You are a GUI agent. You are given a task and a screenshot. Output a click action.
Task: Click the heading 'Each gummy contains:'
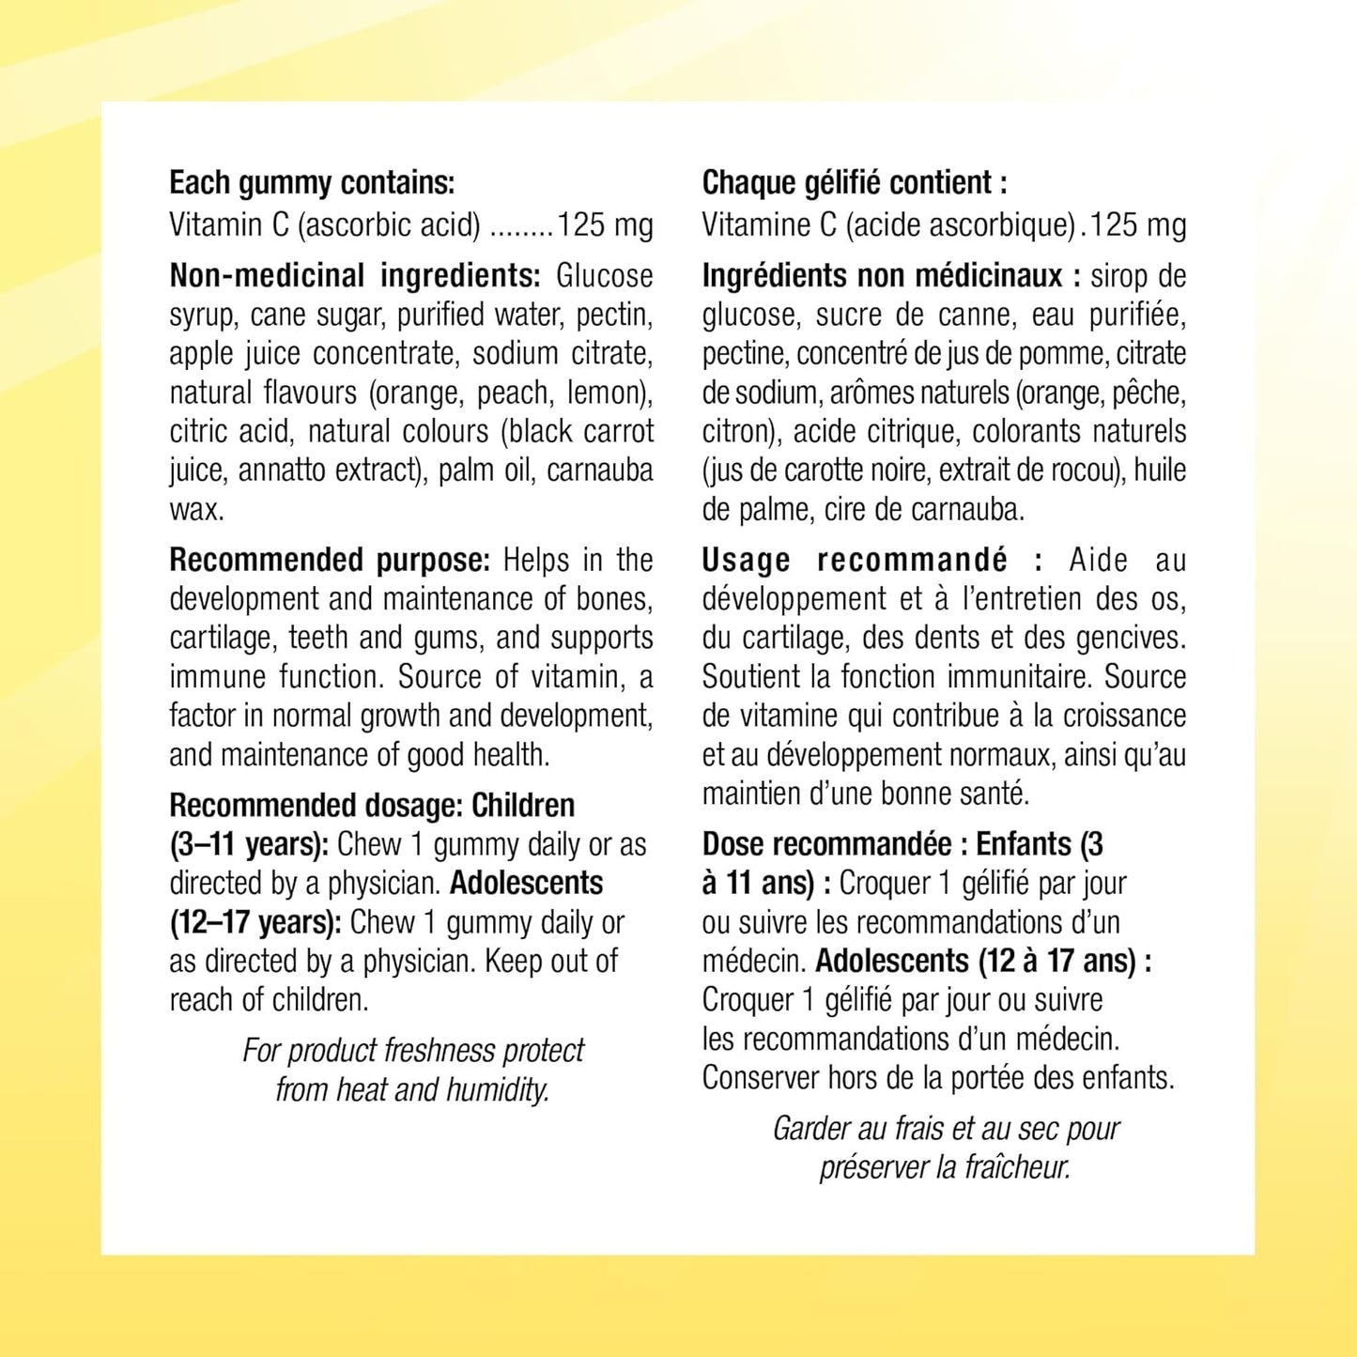click(312, 183)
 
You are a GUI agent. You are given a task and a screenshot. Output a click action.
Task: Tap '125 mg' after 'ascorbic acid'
click(605, 225)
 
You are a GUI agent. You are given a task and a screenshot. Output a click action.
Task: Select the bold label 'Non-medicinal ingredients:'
click(355, 276)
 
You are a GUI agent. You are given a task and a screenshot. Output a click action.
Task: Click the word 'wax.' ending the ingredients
click(196, 510)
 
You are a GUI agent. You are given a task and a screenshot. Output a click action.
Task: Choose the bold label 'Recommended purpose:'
click(330, 561)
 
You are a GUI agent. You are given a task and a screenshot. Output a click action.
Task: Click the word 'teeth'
click(319, 639)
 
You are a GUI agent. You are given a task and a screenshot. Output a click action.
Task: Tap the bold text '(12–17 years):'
click(255, 923)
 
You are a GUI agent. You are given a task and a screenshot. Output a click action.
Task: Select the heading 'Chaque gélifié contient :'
click(855, 183)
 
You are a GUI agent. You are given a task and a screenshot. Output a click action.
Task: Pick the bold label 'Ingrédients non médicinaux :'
click(891, 276)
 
